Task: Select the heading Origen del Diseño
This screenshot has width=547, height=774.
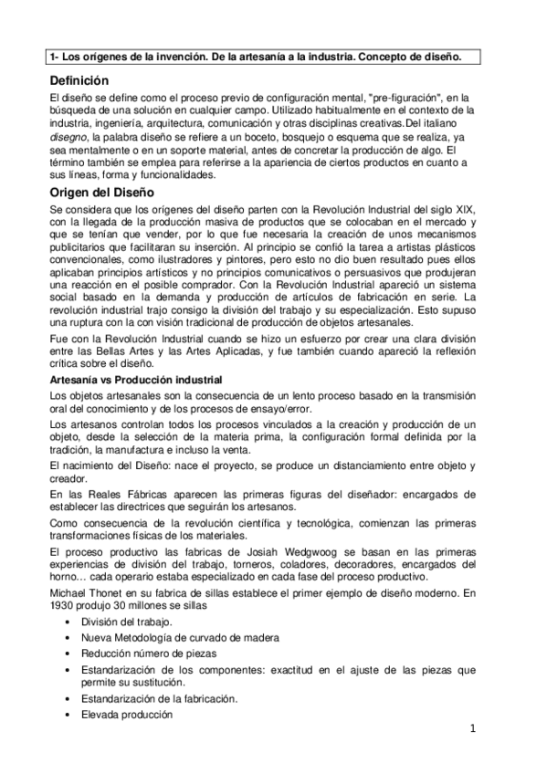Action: (103, 193)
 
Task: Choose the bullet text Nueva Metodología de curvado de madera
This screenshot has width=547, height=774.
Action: (179, 637)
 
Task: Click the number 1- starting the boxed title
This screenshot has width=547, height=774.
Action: (57, 57)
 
